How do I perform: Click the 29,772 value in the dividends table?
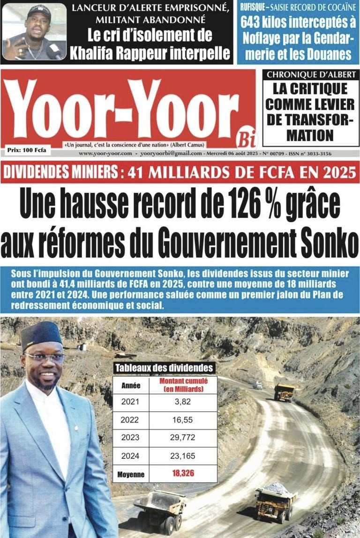coord(182,438)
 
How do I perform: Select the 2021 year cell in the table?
coord(130,402)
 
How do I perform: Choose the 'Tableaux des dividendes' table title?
coord(165,368)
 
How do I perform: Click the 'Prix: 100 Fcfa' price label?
coord(26,150)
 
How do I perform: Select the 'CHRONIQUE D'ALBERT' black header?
coord(311,74)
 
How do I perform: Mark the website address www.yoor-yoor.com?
coord(105,153)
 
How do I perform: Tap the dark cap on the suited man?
coord(41,334)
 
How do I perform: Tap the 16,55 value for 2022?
coord(182,420)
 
